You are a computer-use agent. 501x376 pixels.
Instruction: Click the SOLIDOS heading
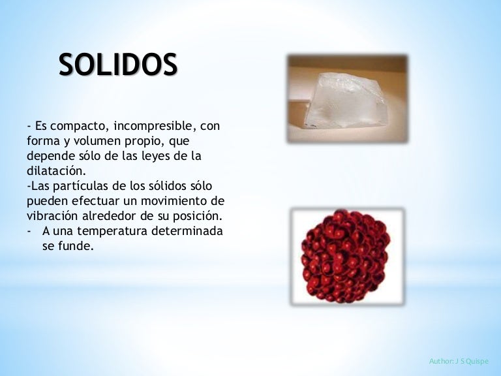point(117,65)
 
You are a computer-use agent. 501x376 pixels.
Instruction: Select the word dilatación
point(57,172)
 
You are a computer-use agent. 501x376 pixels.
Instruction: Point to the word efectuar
point(93,202)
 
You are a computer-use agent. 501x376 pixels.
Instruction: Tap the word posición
point(200,217)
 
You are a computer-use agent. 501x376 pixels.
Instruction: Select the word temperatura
point(115,232)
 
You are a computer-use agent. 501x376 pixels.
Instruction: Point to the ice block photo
point(348,99)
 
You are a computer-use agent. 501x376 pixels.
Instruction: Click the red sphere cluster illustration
point(347,256)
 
